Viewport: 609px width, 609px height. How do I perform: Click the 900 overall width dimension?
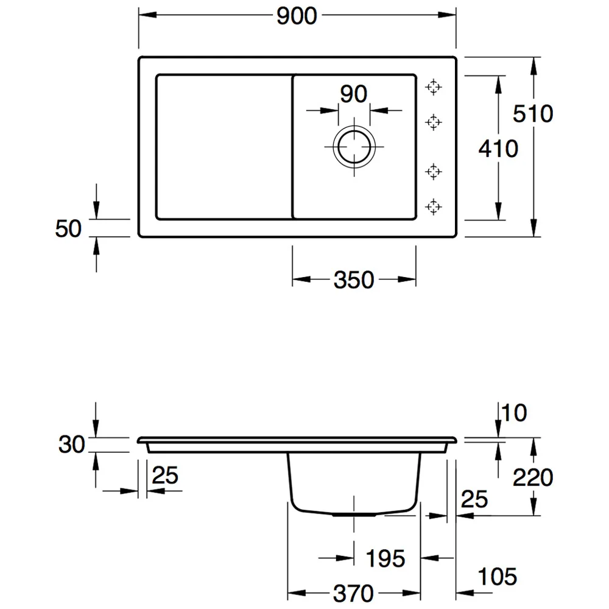(x=297, y=16)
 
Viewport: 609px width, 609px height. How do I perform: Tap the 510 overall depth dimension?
(x=533, y=114)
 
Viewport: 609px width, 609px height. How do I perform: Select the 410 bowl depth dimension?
(x=498, y=149)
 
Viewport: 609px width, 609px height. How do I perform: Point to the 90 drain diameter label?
(x=353, y=94)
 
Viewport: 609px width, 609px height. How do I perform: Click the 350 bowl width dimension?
(x=354, y=280)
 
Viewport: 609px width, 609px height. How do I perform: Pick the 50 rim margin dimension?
(x=68, y=228)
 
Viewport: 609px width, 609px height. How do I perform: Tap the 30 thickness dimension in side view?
(x=71, y=445)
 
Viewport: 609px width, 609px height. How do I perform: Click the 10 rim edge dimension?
(x=514, y=412)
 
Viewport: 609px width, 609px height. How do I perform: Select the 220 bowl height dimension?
(x=533, y=477)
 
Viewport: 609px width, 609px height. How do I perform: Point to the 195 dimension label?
(x=385, y=558)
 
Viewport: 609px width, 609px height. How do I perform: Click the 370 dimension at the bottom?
(x=353, y=593)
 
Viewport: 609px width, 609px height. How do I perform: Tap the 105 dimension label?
(x=497, y=576)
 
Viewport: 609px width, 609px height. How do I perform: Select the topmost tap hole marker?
(x=434, y=87)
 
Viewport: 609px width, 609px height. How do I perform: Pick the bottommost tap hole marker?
(x=434, y=206)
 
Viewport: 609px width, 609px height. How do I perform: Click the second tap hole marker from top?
(x=434, y=122)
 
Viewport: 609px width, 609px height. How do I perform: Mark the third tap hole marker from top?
(x=434, y=171)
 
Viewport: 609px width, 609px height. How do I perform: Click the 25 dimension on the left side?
(x=165, y=475)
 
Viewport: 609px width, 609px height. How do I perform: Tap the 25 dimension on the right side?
(x=474, y=499)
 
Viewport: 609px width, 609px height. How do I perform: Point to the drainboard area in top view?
(x=224, y=147)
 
